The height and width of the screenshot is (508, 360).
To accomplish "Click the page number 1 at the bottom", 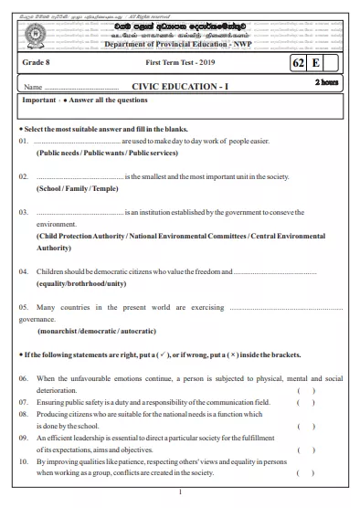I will click(181, 492).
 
